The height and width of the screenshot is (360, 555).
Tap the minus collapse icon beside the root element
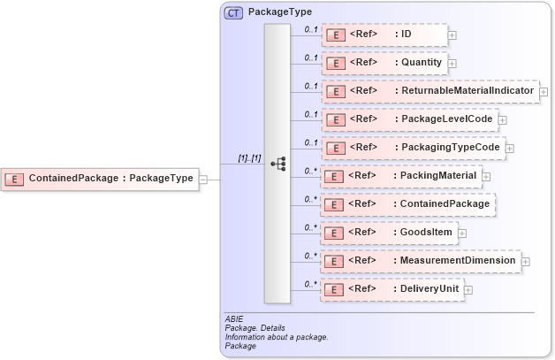(x=203, y=179)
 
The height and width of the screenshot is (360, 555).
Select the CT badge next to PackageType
(x=234, y=13)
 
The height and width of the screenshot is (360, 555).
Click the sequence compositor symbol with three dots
(x=277, y=164)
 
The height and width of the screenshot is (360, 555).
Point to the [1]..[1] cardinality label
(x=249, y=157)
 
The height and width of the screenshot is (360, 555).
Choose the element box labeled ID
(x=384, y=34)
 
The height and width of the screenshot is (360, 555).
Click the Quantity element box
(x=384, y=63)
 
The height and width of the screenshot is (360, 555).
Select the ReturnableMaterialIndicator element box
(x=430, y=91)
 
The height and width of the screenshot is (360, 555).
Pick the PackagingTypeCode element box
(x=412, y=148)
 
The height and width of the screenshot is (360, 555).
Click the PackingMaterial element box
(x=400, y=176)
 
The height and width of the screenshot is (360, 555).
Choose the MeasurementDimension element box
(x=420, y=261)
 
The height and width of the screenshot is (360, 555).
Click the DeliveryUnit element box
(x=391, y=289)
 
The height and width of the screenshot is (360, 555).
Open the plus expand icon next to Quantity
(x=452, y=63)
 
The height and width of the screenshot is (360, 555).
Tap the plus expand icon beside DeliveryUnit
(x=468, y=290)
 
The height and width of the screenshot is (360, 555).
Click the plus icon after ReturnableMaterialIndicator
(x=544, y=92)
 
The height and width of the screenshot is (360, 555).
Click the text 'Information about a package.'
(x=277, y=337)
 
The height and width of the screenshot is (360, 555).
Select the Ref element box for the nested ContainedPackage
(x=407, y=204)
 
